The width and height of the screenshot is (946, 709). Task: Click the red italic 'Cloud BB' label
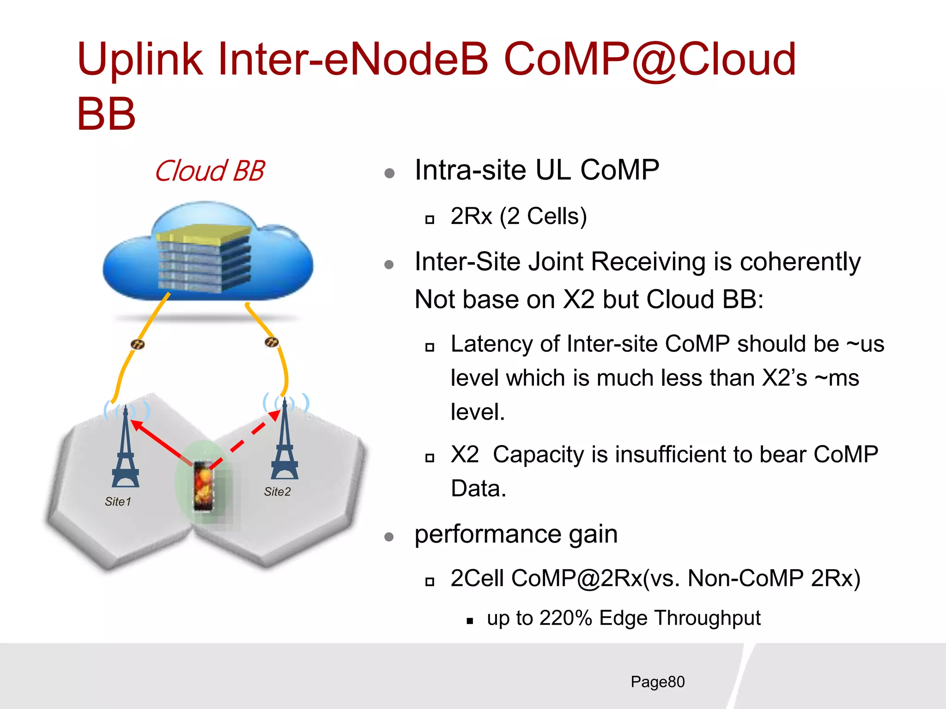tap(209, 171)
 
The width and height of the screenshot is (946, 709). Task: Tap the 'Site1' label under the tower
tap(118, 501)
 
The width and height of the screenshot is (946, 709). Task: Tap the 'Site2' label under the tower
tap(277, 492)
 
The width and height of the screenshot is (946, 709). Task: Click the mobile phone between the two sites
tap(204, 486)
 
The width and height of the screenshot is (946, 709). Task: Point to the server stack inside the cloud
tap(203, 258)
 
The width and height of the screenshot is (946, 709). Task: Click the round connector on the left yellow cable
tap(138, 344)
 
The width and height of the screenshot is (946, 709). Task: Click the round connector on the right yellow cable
tap(272, 342)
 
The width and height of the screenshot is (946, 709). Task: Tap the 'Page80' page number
tap(657, 682)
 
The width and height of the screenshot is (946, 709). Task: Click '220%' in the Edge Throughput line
tap(565, 618)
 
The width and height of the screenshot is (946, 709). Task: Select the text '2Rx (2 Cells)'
tap(518, 216)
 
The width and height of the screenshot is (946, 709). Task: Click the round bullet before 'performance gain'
tap(389, 537)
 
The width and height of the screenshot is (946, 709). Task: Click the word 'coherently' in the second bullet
tap(800, 262)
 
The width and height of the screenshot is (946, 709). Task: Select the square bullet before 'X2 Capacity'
tap(430, 458)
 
